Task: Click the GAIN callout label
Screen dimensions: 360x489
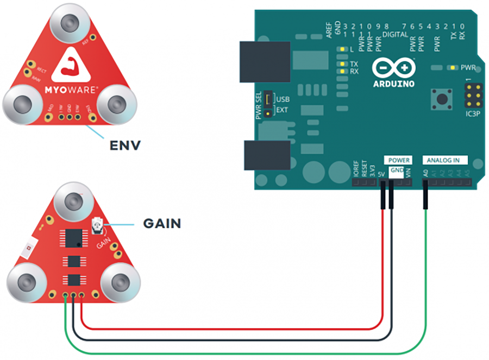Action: pos(162,223)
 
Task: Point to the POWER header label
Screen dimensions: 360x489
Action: pos(398,160)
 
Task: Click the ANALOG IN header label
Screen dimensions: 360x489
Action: pos(447,160)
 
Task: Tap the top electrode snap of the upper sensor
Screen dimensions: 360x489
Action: pos(69,23)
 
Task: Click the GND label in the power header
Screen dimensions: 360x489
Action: pos(397,170)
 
